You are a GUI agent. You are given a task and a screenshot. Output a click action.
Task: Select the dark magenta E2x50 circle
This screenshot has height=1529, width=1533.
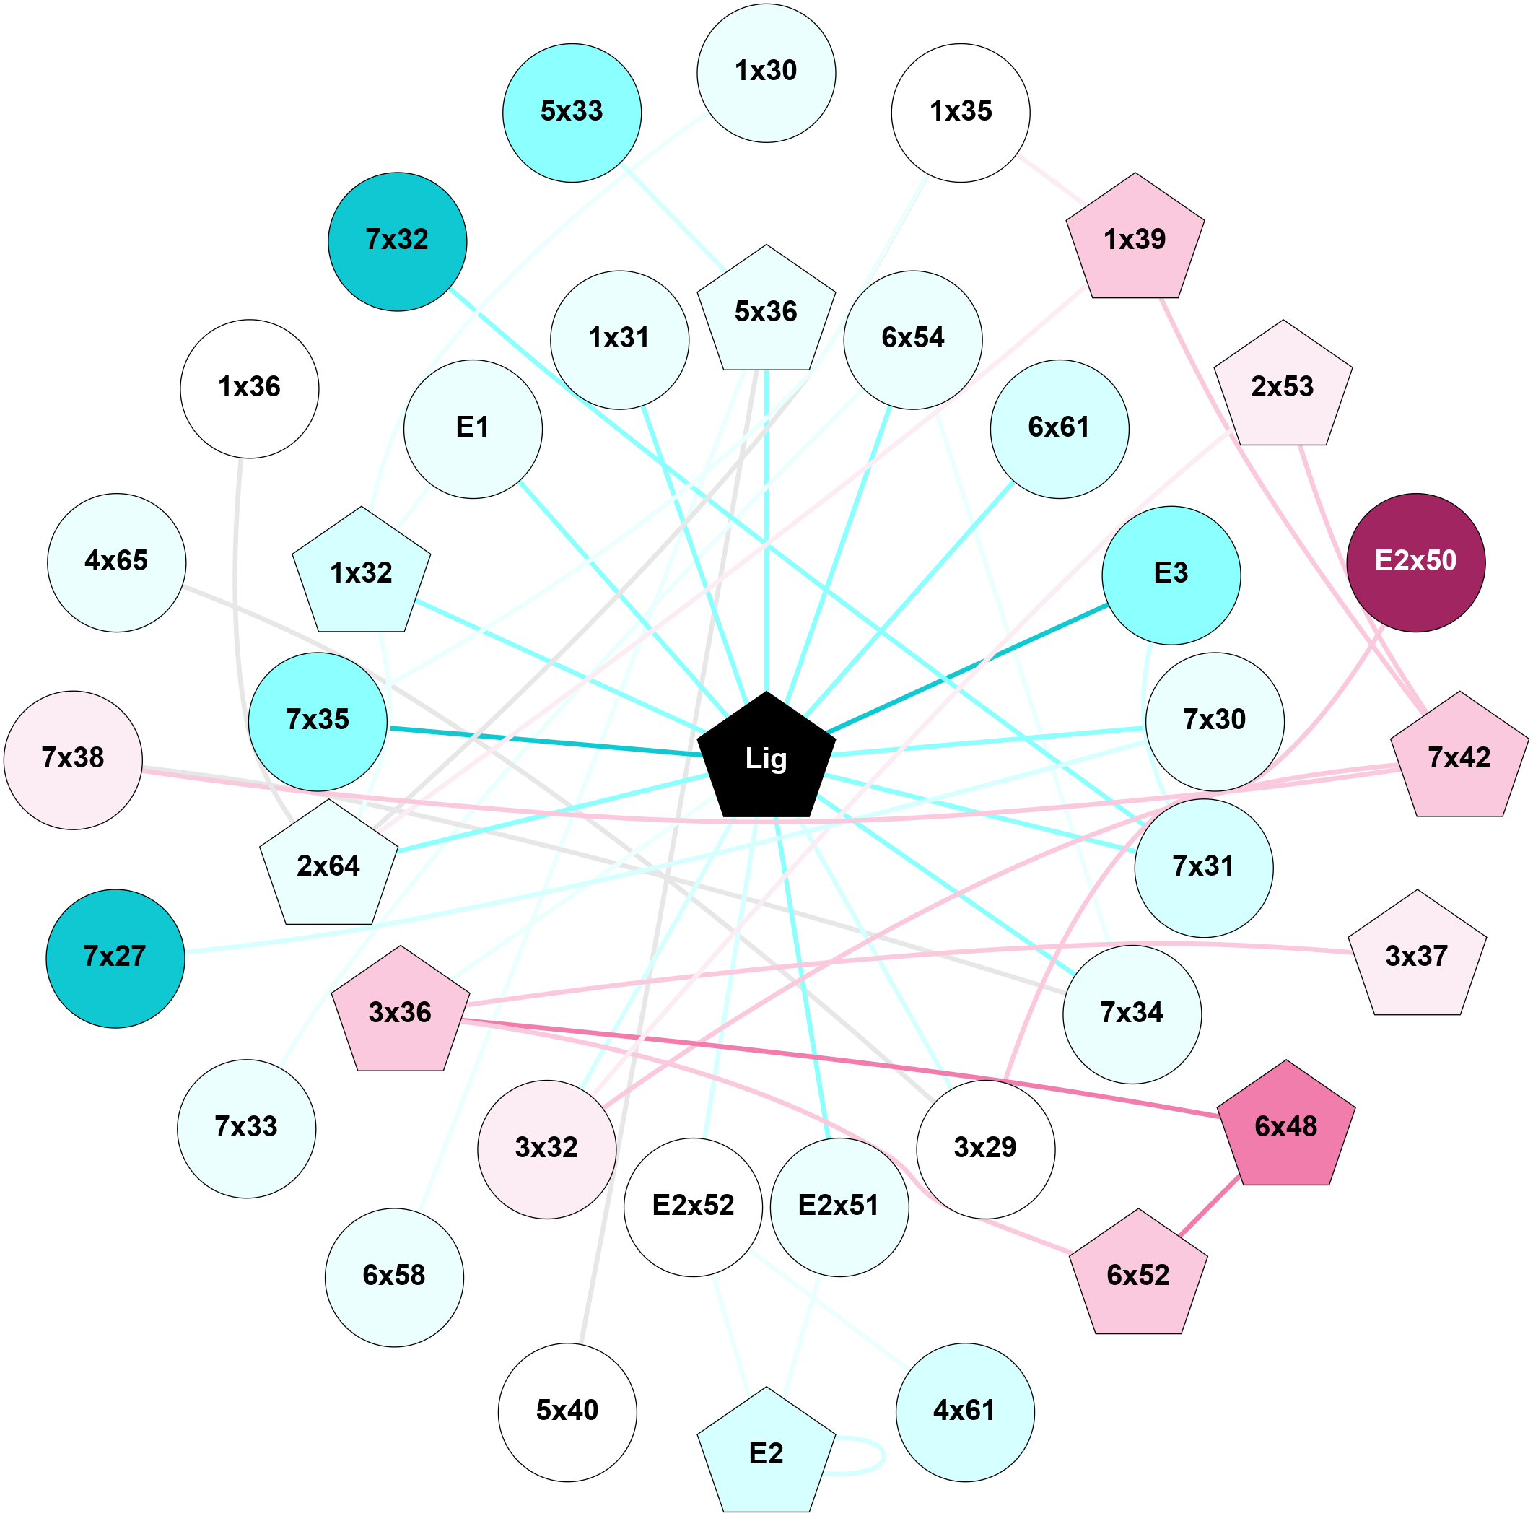coord(1415,562)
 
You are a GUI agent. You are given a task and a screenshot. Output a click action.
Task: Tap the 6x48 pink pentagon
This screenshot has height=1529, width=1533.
coord(1285,1127)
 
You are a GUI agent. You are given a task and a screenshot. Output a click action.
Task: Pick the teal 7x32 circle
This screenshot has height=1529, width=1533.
coord(397,241)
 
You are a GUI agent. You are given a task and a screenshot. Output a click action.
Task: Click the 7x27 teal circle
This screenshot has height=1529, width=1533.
coord(115,958)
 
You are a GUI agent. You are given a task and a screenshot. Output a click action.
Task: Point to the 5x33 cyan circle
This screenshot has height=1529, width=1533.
coord(572,113)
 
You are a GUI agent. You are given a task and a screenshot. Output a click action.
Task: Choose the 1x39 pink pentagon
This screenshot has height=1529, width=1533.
coord(1135,240)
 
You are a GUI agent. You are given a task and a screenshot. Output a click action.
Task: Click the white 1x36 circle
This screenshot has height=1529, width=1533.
coord(249,388)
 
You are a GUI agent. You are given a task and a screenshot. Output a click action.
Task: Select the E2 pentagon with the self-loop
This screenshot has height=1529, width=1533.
coord(766,1454)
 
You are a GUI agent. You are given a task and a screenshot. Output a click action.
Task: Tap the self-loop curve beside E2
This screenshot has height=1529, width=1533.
coord(883,1455)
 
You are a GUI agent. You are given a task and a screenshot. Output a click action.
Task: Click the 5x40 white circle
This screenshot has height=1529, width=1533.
coord(567,1411)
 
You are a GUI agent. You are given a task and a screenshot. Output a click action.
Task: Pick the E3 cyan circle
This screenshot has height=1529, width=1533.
coord(1171,575)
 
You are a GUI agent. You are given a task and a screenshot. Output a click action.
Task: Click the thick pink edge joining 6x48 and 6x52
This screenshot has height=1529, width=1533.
coord(1208,1206)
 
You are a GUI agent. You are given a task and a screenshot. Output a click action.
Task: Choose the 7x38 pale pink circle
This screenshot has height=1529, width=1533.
coord(73,759)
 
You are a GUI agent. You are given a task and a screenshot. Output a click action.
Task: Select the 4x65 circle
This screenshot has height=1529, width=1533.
coord(117,562)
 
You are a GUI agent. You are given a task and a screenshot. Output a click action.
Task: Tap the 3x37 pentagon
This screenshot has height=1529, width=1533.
coord(1416,957)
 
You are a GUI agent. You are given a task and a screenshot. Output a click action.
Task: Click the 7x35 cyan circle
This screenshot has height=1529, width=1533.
coord(318,720)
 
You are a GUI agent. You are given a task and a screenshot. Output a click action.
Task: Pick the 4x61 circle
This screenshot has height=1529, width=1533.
coord(964,1411)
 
